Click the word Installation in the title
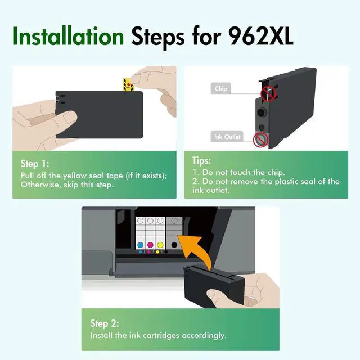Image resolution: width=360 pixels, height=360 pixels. [x=68, y=35]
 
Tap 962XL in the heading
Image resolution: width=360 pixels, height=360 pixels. [x=261, y=36]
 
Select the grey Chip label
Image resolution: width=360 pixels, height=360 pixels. [x=220, y=88]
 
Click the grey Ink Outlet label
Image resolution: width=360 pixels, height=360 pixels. [x=227, y=137]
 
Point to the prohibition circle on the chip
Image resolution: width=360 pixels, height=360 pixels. [x=268, y=94]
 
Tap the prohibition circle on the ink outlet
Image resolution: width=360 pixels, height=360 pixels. [x=261, y=140]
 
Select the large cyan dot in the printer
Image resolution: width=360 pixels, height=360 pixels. [x=140, y=245]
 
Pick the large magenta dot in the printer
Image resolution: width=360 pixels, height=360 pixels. [x=150, y=245]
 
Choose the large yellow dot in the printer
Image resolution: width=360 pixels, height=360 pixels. [x=160, y=245]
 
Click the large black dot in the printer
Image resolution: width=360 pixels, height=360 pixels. [x=174, y=245]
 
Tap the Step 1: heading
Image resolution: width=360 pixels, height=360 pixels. [x=35, y=164]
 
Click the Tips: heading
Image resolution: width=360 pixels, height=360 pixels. [x=201, y=160]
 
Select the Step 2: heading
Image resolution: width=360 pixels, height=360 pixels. [x=105, y=323]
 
